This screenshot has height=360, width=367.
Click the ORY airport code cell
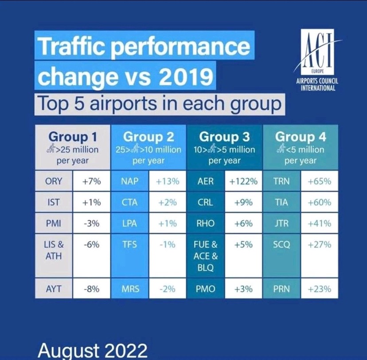click(x=54, y=181)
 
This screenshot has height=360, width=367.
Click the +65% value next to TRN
click(x=319, y=181)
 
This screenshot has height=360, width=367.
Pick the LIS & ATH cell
click(x=54, y=251)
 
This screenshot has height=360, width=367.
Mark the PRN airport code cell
click(x=282, y=289)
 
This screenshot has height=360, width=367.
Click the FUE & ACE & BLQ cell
click(x=205, y=256)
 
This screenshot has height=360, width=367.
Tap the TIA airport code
click(x=282, y=202)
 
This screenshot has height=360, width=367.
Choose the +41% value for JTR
click(x=319, y=224)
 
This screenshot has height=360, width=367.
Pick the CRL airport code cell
click(x=205, y=202)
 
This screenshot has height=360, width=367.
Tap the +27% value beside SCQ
click(x=319, y=245)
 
